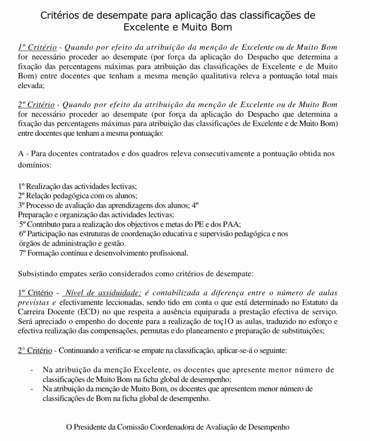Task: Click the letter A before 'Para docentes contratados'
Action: tap(21, 153)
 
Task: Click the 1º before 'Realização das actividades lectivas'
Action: tap(22, 187)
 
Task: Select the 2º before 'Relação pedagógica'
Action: tap(22, 196)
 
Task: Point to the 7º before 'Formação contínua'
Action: tap(23, 253)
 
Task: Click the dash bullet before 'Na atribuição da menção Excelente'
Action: tap(31, 370)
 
